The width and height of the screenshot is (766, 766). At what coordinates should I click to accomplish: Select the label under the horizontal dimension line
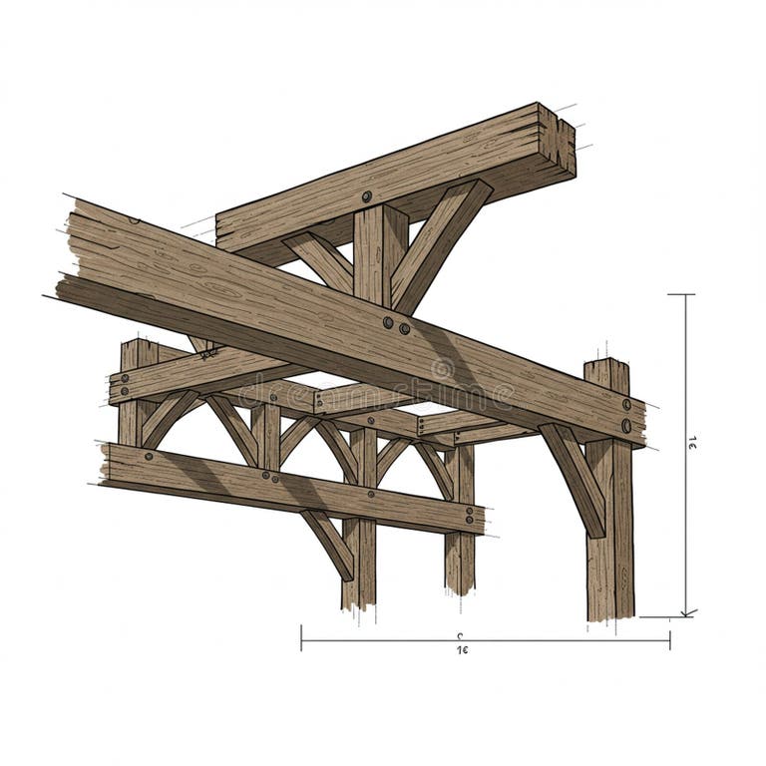tap(462, 649)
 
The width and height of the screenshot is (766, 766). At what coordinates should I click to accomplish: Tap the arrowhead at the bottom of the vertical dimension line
tap(687, 610)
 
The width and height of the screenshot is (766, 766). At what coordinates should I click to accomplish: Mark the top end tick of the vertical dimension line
tap(681, 295)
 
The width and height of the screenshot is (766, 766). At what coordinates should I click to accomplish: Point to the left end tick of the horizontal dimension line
tap(301, 637)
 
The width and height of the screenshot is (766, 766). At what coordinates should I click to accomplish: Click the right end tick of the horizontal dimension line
tap(669, 638)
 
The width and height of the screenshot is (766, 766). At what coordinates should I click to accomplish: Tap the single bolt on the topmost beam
tap(367, 196)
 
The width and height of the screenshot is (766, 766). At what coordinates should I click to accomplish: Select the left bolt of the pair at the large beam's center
tap(387, 322)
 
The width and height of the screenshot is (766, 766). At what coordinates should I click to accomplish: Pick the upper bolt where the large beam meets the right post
tap(626, 405)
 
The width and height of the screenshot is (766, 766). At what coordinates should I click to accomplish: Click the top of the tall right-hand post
tap(606, 367)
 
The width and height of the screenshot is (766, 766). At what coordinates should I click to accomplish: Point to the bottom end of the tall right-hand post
tap(609, 612)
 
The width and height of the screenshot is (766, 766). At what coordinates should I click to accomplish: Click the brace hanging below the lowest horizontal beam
tap(329, 544)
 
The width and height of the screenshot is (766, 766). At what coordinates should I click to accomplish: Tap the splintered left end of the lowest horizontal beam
tap(106, 465)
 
